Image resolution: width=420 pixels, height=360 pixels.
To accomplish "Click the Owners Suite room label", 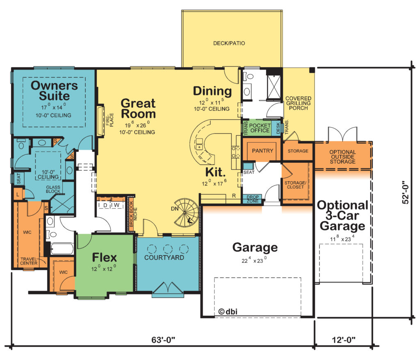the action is click(x=55, y=91).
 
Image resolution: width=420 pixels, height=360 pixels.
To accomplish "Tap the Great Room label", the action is click(x=138, y=109).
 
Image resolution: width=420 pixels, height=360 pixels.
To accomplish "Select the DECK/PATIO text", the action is click(x=229, y=43).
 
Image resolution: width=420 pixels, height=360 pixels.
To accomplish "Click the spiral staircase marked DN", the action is click(x=186, y=212).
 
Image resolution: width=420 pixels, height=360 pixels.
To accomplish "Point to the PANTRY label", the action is click(x=262, y=151).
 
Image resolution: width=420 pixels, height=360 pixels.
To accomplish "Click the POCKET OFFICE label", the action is click(x=260, y=128).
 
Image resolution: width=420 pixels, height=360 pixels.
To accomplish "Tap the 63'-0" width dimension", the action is click(x=163, y=340).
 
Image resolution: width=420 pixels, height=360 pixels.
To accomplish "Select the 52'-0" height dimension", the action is click(x=406, y=193).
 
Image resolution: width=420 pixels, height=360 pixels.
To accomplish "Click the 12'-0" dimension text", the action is click(x=344, y=340).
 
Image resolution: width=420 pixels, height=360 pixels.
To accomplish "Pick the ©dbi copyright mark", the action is click(x=228, y=312).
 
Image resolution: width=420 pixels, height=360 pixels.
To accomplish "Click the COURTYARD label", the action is click(x=164, y=257).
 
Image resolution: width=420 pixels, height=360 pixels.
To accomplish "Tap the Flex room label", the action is click(x=105, y=257).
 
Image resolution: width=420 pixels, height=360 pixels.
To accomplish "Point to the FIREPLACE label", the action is click(x=110, y=120).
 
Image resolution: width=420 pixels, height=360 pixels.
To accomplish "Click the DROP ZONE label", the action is click(x=253, y=199).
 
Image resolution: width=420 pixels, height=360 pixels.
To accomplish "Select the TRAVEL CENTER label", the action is click(x=29, y=261).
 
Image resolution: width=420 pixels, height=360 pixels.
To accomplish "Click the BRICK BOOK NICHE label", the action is click(x=133, y=214).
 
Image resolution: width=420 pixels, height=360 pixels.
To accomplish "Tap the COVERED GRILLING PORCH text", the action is click(x=299, y=103).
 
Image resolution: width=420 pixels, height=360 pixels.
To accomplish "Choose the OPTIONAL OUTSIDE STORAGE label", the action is click(x=342, y=157).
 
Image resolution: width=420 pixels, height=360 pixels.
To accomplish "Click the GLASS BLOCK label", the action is click(x=53, y=189).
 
